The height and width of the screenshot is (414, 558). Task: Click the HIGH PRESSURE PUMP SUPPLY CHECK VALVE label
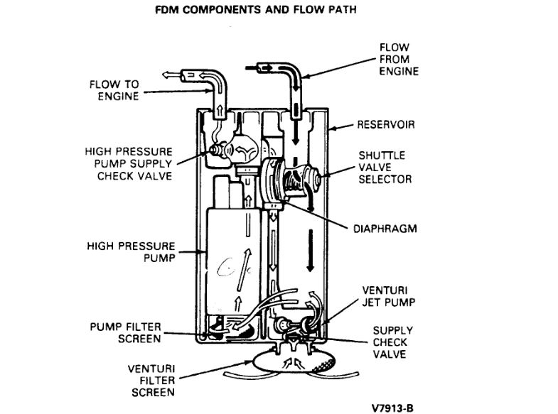point(128,163)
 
